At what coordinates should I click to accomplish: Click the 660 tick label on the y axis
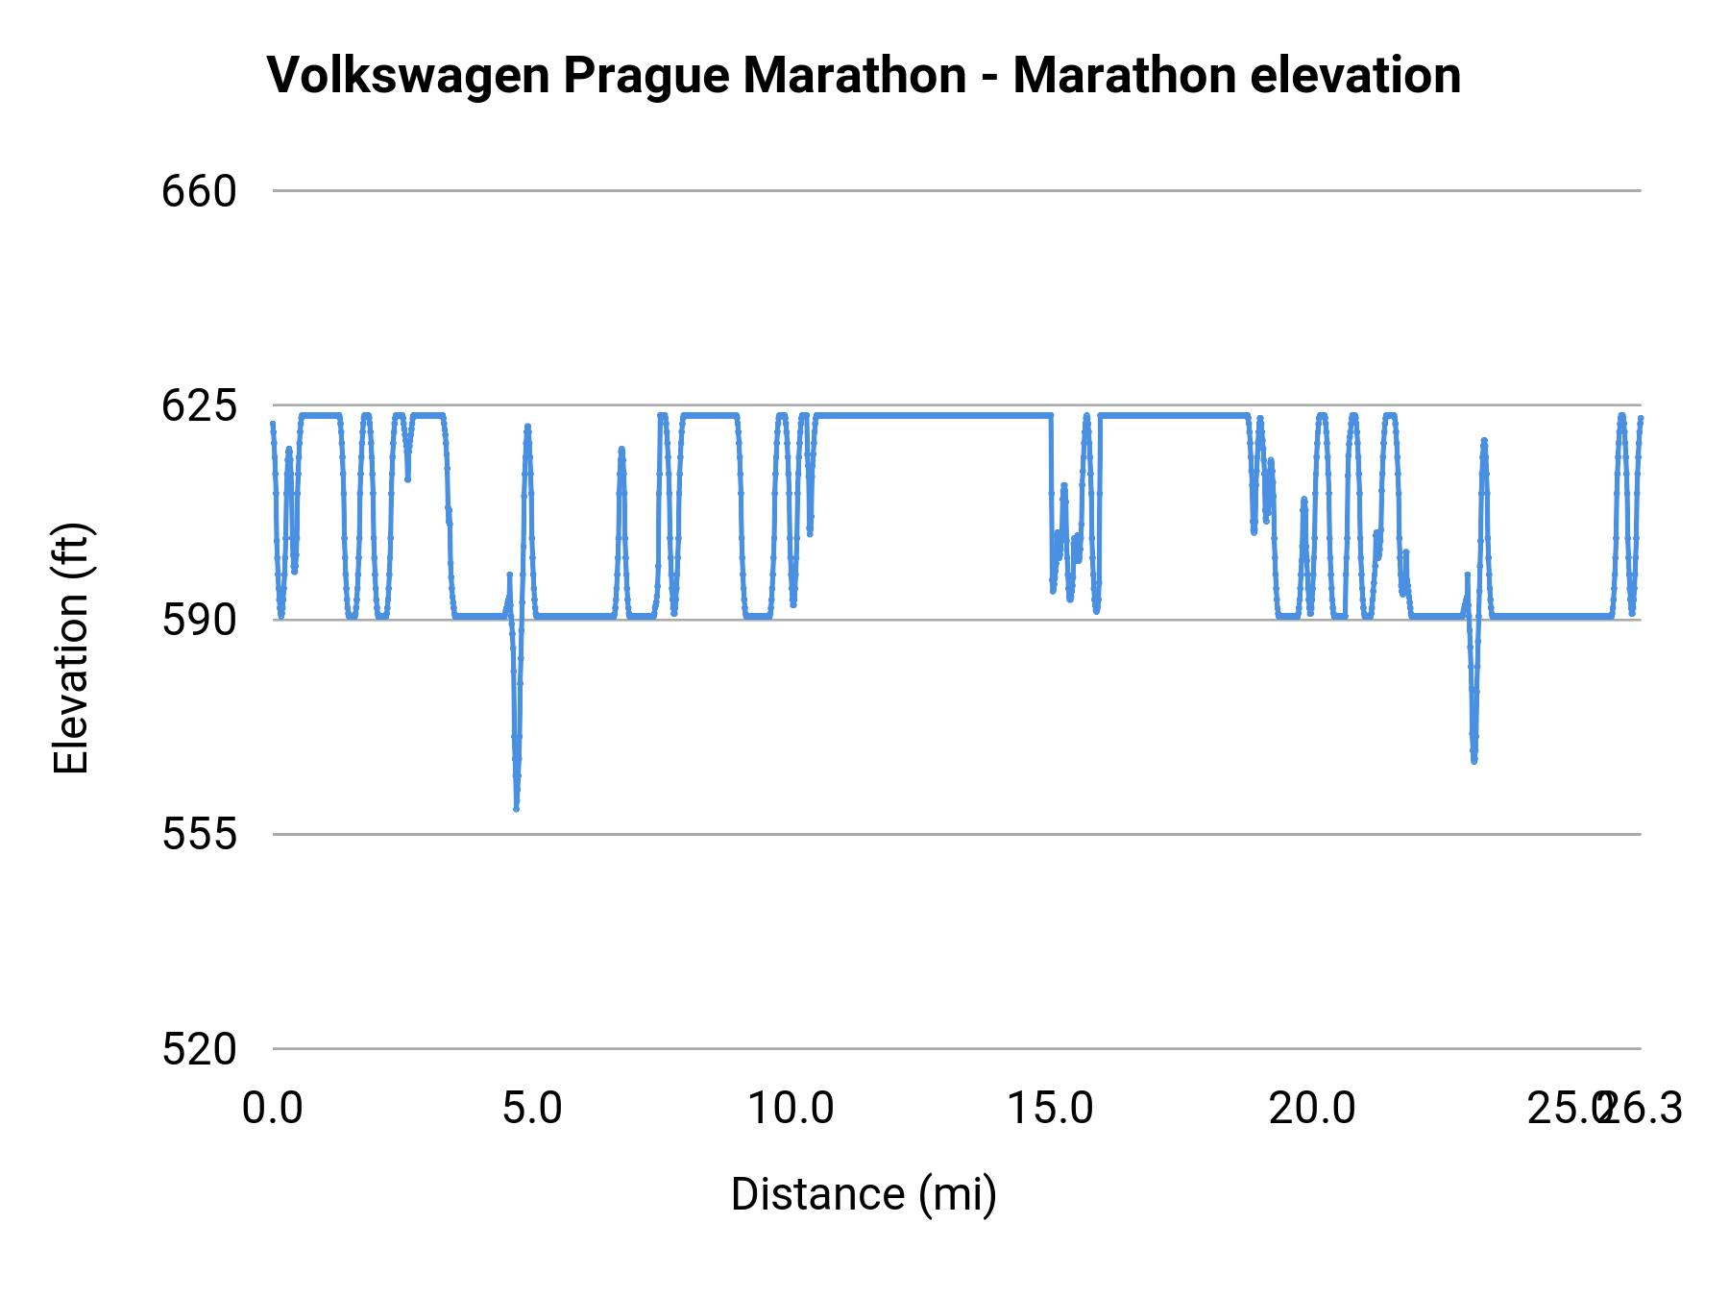(199, 192)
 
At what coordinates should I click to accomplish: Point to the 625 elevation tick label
(199, 406)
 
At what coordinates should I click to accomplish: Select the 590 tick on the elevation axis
(199, 621)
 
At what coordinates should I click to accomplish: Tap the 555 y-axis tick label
(199, 835)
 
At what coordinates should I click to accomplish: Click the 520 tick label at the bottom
(199, 1049)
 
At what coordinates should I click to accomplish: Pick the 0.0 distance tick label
(273, 1109)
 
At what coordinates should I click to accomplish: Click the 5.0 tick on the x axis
(532, 1109)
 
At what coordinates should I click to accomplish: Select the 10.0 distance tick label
(791, 1109)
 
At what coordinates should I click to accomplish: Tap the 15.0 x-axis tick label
(1050, 1109)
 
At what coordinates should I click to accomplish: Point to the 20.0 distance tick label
(1312, 1109)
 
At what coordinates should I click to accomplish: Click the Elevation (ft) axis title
(71, 648)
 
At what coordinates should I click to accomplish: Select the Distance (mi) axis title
(864, 1195)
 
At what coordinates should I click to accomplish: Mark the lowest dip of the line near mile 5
(516, 808)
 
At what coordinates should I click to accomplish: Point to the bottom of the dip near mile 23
(1473, 760)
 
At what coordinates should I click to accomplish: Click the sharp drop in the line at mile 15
(1052, 500)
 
